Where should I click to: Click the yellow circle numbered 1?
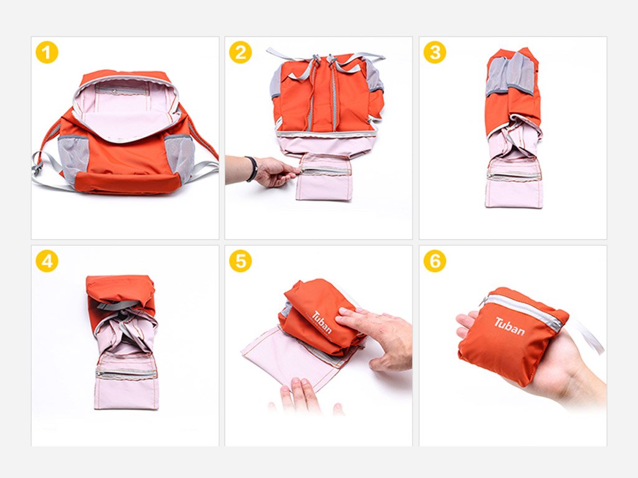point(47,52)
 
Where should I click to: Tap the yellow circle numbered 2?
point(240,52)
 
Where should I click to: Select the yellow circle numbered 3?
point(435,52)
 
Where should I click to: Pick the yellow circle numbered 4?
point(47,261)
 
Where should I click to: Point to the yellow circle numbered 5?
point(240,261)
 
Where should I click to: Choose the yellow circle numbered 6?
point(435,261)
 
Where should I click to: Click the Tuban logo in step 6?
point(510,326)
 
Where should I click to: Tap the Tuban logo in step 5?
point(322,322)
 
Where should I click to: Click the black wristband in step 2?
point(252,169)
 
